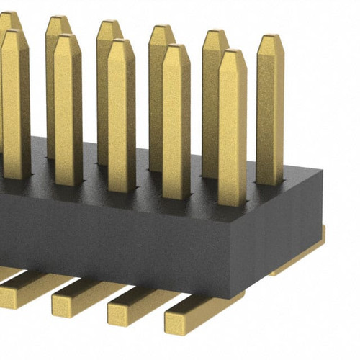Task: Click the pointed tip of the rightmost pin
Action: pos(270,38)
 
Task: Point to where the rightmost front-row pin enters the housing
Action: pos(232,202)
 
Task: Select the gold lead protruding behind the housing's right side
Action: pos(302,256)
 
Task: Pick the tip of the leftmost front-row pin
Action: pos(14,34)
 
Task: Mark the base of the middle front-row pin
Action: pos(121,189)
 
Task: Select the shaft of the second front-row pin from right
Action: pos(176,122)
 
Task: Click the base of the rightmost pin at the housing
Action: pos(269,181)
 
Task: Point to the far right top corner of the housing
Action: pos(321,173)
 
